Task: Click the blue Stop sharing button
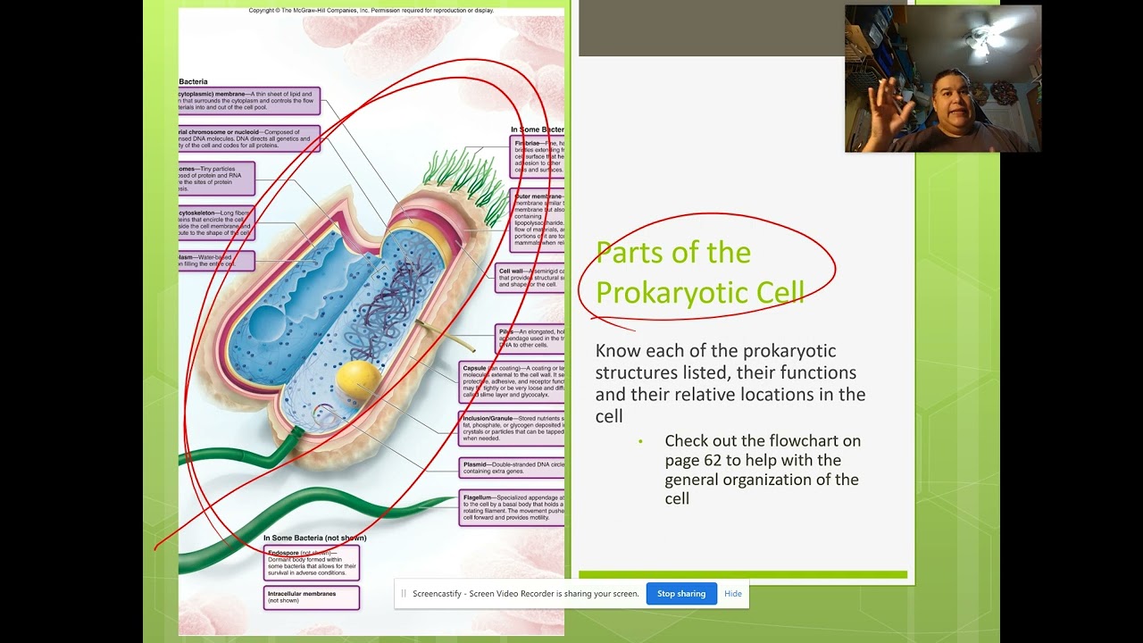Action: click(681, 594)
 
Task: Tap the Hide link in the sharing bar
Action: click(733, 594)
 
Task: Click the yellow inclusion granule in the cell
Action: click(358, 380)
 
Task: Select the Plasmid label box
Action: click(513, 467)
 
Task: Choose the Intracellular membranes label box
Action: click(312, 597)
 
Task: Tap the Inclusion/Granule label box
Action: click(513, 428)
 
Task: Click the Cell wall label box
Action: click(530, 278)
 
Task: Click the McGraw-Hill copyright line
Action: click(371, 11)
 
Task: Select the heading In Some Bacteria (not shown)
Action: click(315, 538)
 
